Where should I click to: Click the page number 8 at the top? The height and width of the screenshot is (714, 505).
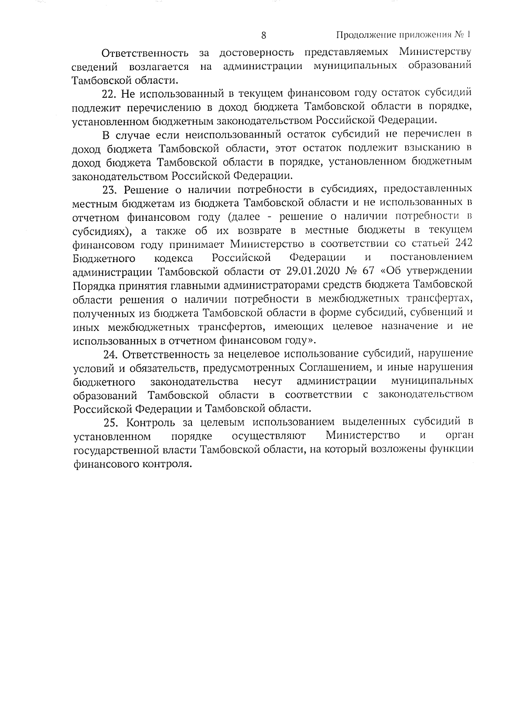pos(264,35)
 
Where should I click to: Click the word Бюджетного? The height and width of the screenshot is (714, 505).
pos(104,257)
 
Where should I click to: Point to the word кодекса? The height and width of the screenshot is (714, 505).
pos(174,257)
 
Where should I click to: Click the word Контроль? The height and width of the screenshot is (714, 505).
pos(151,422)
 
